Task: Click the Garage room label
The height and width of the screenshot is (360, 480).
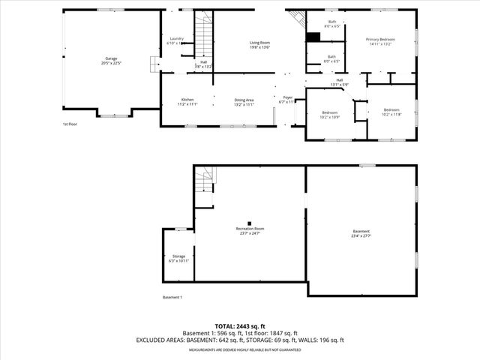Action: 110,60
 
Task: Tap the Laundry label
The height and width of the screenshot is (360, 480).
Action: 176,40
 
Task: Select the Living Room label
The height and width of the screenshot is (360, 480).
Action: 259,45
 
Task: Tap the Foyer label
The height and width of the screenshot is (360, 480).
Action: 287,99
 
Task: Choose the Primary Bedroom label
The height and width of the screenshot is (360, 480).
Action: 381,40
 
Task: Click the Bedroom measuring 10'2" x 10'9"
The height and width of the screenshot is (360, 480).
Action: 330,114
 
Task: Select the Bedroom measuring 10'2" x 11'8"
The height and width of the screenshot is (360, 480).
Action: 392,111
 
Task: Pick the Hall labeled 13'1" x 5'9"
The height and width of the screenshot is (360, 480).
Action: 339,82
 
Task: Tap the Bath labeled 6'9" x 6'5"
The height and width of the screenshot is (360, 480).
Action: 331,58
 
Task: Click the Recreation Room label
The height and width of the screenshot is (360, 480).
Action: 250,230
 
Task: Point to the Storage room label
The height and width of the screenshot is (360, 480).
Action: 178,258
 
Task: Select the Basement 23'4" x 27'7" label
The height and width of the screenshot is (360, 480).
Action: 361,233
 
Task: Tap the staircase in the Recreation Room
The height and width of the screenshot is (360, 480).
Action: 205,181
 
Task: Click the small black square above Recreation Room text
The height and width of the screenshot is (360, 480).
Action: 250,223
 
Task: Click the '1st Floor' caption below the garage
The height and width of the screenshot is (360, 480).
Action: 70,124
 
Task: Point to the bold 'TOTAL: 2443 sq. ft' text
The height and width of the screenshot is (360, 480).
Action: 240,326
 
